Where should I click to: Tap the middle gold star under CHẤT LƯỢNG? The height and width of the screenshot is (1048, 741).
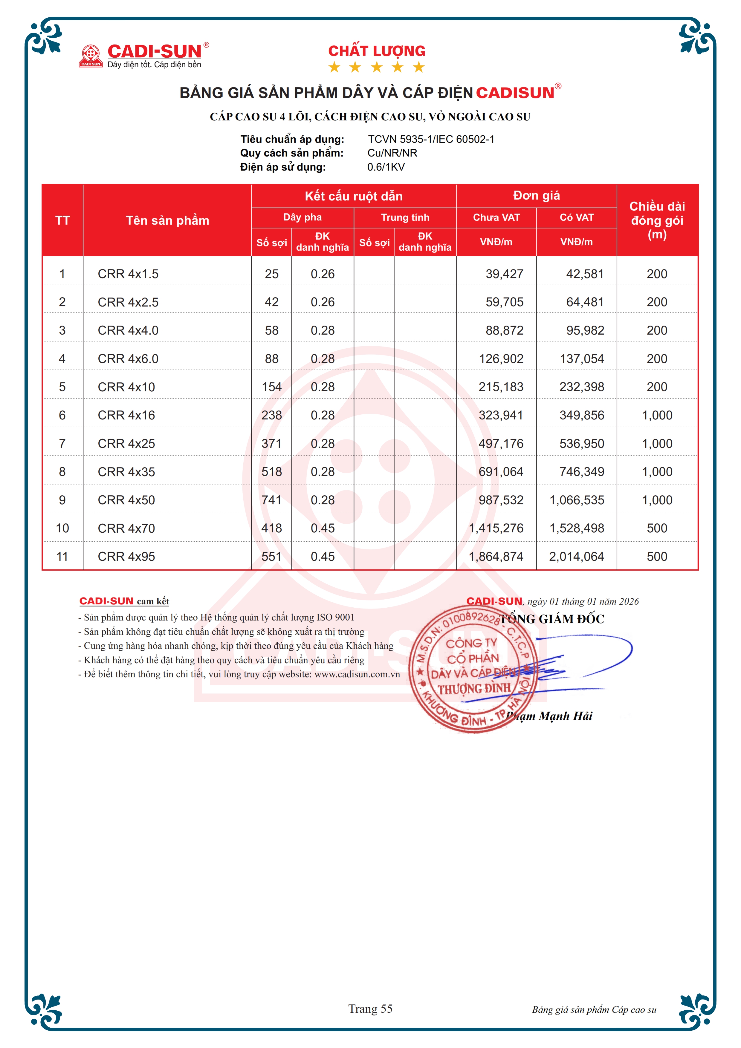(x=377, y=68)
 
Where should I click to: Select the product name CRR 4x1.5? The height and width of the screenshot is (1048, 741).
(x=128, y=274)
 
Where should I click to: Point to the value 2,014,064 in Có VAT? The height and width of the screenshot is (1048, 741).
(x=576, y=556)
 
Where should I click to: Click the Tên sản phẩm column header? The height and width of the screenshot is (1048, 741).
(x=167, y=220)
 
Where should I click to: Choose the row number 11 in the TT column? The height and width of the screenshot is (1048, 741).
(x=62, y=556)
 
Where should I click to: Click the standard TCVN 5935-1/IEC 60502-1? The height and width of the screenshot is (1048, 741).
(x=431, y=139)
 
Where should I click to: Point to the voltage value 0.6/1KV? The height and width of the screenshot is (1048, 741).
(x=386, y=167)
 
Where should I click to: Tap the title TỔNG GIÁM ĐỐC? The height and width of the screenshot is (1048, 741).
(x=552, y=619)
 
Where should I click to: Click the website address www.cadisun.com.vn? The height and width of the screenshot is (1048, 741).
(x=357, y=674)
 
